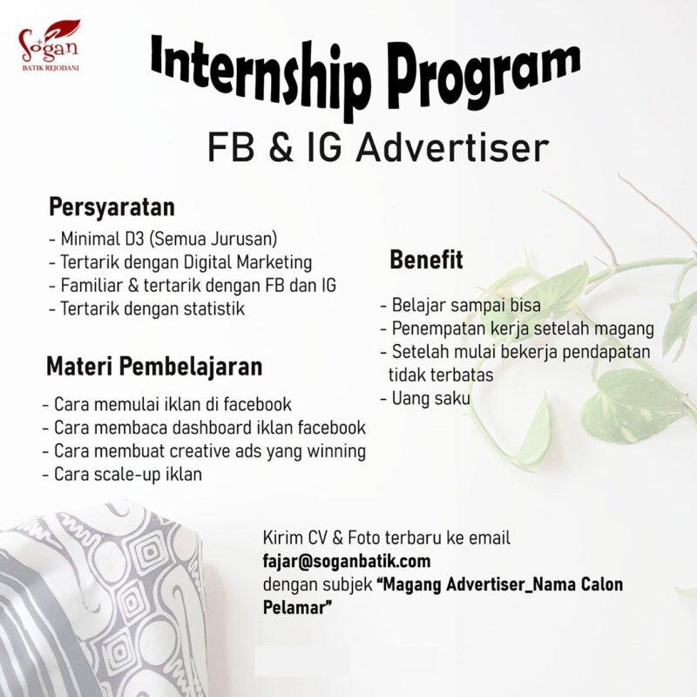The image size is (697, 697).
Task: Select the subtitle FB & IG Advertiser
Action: [x=377, y=147]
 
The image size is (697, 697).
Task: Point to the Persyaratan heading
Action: [x=112, y=208]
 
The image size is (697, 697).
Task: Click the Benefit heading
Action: [x=426, y=260]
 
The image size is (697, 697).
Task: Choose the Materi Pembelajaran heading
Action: [x=153, y=365]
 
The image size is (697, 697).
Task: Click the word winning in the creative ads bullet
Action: [x=335, y=451]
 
